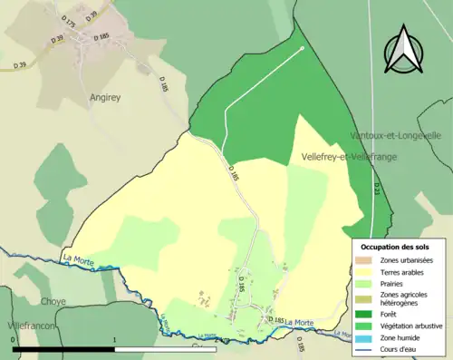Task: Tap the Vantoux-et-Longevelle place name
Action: (396, 135)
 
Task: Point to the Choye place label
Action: (53, 300)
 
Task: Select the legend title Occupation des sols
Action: (395, 247)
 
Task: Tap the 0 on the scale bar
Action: (13, 340)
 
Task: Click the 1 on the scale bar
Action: (114, 340)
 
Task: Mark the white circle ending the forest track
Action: (302, 48)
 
